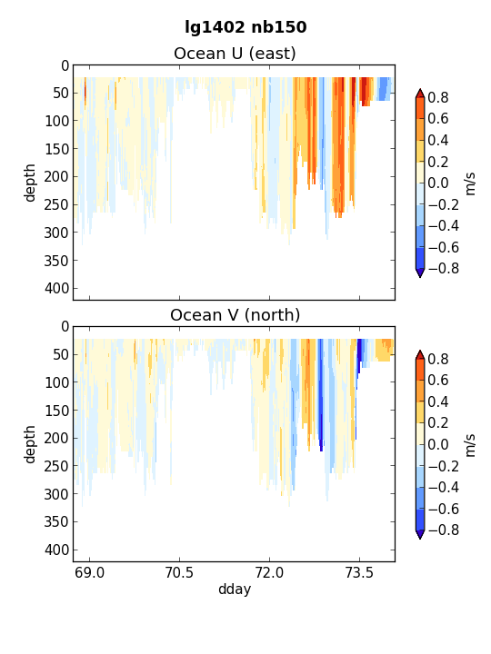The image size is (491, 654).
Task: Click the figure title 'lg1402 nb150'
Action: click(245, 27)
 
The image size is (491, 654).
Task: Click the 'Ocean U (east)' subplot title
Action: click(235, 54)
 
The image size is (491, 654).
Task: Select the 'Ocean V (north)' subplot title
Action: click(235, 315)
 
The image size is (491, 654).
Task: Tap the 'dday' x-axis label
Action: click(235, 590)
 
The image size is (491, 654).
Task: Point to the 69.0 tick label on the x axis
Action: click(89, 572)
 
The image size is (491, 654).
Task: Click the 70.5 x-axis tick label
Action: click(179, 572)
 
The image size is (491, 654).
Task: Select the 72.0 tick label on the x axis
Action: click(269, 572)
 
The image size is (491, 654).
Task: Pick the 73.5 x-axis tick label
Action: click(359, 572)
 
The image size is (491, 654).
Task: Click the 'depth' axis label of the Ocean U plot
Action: click(30, 183)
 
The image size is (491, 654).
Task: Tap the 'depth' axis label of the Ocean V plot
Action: click(30, 444)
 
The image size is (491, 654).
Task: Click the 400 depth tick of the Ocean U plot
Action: click(56, 288)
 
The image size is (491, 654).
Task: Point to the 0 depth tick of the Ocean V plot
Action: click(65, 327)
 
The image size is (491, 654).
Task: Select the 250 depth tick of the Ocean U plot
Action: click(56, 204)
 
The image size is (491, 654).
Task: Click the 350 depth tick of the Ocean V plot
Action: click(56, 521)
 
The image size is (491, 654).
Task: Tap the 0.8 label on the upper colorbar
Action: click(438, 97)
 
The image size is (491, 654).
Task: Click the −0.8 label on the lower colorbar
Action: click(444, 530)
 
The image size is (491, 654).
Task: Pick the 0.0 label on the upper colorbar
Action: click(438, 183)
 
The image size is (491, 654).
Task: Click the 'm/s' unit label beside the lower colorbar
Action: click(471, 445)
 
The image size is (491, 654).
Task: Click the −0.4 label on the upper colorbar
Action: click(444, 225)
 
